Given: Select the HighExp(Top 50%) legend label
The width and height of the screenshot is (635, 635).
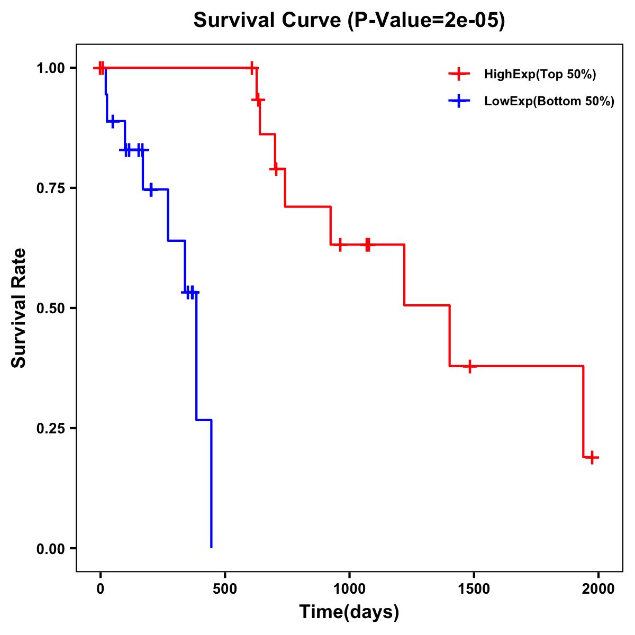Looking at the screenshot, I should [x=540, y=75].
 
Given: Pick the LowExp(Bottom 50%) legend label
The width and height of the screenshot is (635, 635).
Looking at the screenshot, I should [x=549, y=102].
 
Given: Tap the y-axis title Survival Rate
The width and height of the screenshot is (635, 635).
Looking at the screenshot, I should [x=19, y=308].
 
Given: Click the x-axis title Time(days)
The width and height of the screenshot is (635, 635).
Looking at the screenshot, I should [x=349, y=612].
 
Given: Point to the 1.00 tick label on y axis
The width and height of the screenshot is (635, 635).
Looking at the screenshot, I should [x=50, y=68].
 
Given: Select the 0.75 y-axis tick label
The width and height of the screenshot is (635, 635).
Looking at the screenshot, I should [x=50, y=188].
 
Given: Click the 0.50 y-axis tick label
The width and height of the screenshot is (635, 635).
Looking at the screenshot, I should [x=50, y=309].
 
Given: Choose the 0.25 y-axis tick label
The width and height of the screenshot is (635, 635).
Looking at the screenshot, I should [x=50, y=429].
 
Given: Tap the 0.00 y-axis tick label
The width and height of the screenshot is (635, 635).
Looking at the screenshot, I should [x=50, y=549].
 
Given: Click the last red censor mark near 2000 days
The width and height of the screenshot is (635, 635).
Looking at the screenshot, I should [x=592, y=457].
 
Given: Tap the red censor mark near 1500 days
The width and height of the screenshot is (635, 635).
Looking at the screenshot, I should [x=469, y=366].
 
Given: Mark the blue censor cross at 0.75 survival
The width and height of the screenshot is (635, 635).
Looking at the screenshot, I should [x=151, y=189].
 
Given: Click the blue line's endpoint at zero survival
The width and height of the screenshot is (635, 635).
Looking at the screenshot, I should [x=211, y=548].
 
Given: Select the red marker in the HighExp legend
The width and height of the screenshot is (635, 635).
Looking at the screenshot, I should [x=459, y=75].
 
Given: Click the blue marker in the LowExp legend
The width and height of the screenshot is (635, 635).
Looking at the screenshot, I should [x=459, y=102].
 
